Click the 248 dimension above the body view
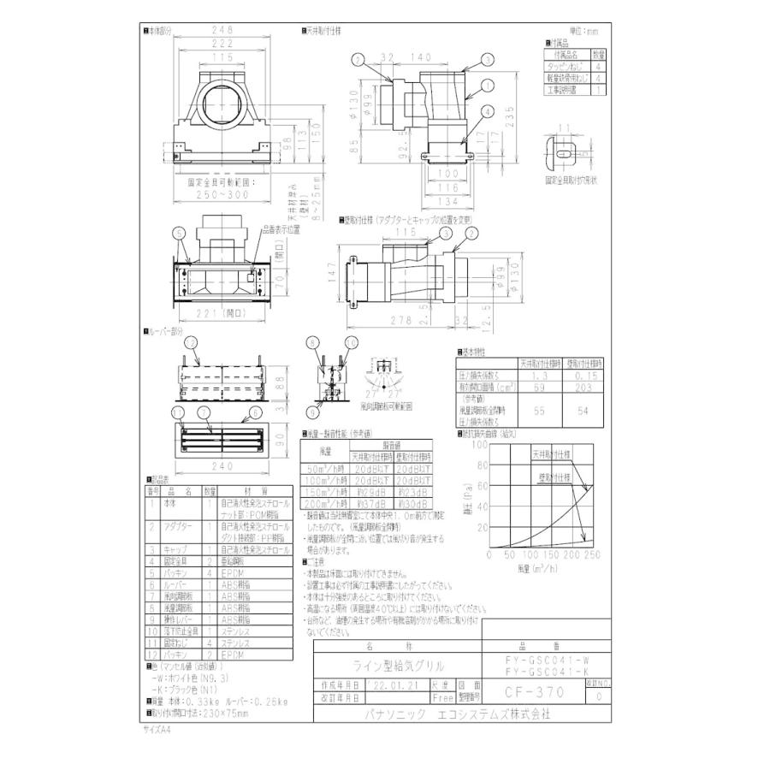[x=224, y=32]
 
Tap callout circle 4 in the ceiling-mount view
[x=487, y=110]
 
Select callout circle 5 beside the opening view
[x=178, y=232]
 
